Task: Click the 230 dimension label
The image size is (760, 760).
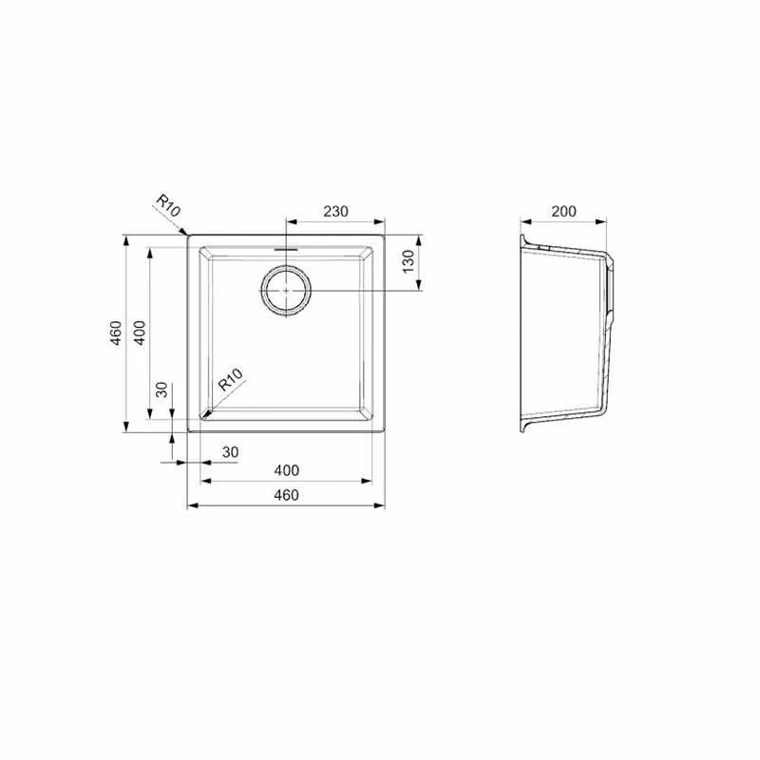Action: click(x=335, y=211)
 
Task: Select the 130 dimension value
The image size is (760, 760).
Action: click(x=408, y=260)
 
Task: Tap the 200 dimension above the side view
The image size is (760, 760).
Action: click(x=563, y=211)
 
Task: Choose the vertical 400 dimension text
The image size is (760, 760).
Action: click(x=139, y=332)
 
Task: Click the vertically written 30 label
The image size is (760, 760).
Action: click(x=161, y=389)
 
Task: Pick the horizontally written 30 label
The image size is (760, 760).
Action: click(x=229, y=452)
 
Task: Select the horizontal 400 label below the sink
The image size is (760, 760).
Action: click(x=286, y=470)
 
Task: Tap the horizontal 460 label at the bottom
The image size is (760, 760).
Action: click(x=286, y=495)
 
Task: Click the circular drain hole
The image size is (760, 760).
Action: click(x=285, y=290)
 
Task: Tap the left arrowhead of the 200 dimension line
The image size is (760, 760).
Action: click(x=524, y=223)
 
